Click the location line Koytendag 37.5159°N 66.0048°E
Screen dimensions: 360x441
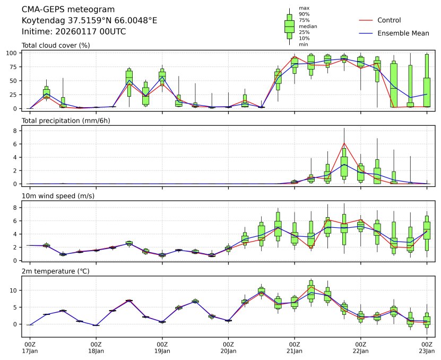click(x=89, y=20)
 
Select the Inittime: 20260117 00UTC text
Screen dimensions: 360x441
click(x=74, y=31)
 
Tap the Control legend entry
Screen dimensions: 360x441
click(x=389, y=20)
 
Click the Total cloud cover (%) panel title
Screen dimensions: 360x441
click(x=55, y=45)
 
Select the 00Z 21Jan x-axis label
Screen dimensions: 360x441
click(x=295, y=348)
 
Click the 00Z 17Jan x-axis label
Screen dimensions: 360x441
click(x=30, y=348)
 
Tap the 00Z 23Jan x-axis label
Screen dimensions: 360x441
click(x=427, y=348)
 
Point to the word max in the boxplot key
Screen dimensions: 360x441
click(x=304, y=8)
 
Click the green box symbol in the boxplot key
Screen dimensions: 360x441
click(x=289, y=25)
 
